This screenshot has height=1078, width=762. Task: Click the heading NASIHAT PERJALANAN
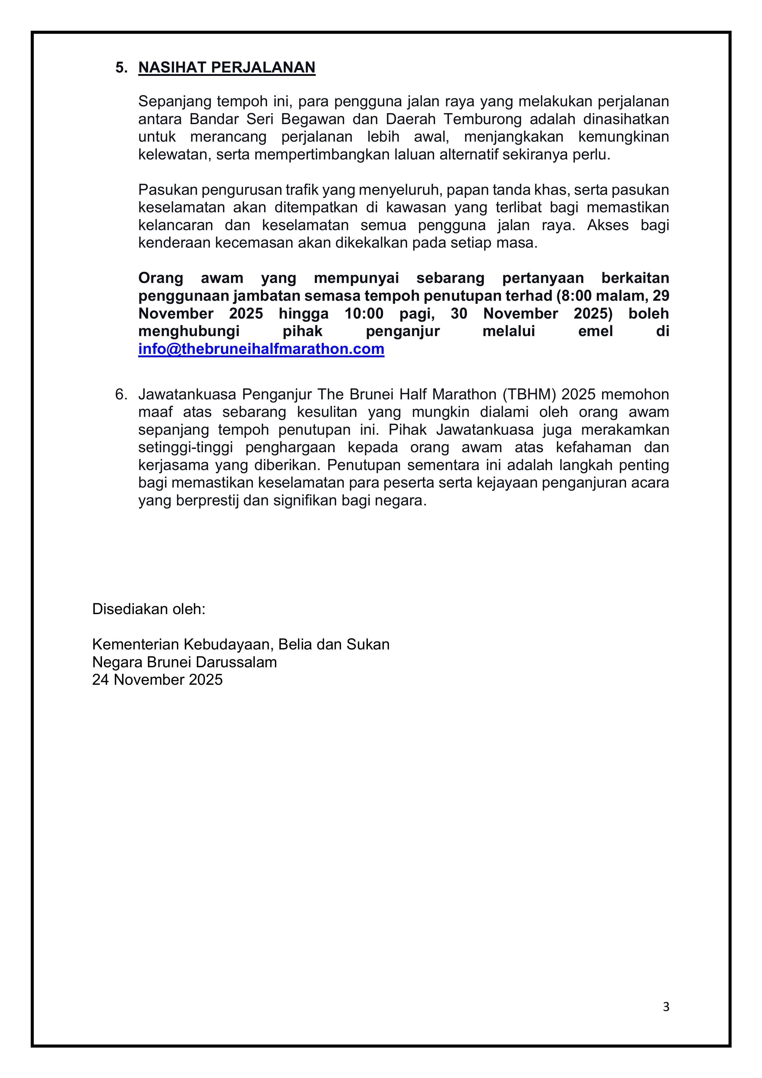tap(226, 68)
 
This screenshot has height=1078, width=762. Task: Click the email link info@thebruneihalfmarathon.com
tap(261, 349)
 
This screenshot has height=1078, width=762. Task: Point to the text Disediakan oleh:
tap(149, 609)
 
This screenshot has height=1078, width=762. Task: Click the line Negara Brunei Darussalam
tap(185, 662)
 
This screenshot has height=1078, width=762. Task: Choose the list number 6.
tap(121, 394)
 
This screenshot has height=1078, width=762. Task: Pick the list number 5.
tap(121, 68)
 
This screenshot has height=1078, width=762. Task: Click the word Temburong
tap(483, 119)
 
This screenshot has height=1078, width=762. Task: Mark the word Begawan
tap(313, 119)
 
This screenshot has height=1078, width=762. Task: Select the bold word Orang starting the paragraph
tap(161, 278)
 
